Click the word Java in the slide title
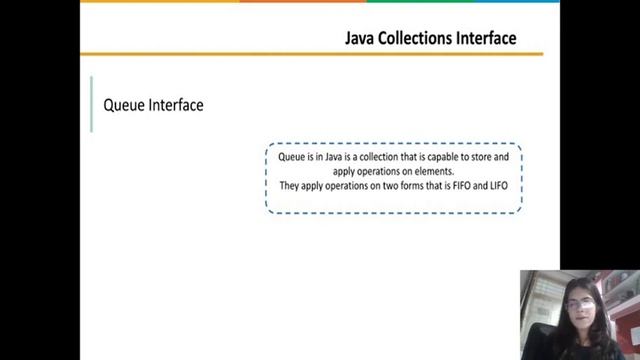pos(361,38)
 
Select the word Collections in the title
pos(417,38)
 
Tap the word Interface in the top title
pos(487,38)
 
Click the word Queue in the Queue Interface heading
pos(124,104)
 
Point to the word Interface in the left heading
pos(176,104)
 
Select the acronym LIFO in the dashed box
pos(511,186)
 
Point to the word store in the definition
pos(481,158)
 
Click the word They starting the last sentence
pos(290,186)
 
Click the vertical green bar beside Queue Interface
pos(91,104)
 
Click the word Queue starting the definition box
pos(291,158)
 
